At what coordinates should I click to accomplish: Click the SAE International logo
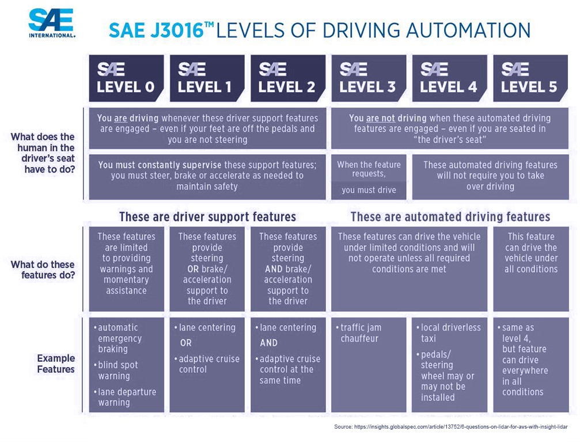pos(52,23)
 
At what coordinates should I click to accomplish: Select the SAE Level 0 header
pos(126,78)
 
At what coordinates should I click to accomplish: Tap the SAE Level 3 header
pos(369,78)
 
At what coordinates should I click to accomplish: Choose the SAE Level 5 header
pos(530,78)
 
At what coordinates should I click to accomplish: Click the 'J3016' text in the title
pos(177,30)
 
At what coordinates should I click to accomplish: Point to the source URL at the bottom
pos(450,427)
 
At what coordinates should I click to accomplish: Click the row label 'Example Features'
pos(56,364)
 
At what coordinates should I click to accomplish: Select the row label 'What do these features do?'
pos(43,270)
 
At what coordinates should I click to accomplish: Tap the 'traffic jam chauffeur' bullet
pos(358,333)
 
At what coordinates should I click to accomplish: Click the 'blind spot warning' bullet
pos(116,370)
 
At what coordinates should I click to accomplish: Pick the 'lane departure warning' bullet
pos(125,397)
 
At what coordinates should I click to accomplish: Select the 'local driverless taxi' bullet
pos(448,333)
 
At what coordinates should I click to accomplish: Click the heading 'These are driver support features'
pos(207,216)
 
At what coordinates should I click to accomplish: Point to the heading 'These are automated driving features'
pos(450,216)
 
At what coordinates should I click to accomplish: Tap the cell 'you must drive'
pos(369,190)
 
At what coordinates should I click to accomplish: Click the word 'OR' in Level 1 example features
pos(186,343)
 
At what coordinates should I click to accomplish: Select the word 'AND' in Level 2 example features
pos(268,343)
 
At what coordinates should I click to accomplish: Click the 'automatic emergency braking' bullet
pos(116,338)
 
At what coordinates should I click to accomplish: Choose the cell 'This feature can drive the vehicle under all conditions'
pos(531,269)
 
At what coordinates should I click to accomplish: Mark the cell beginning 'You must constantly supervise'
pos(207,177)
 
